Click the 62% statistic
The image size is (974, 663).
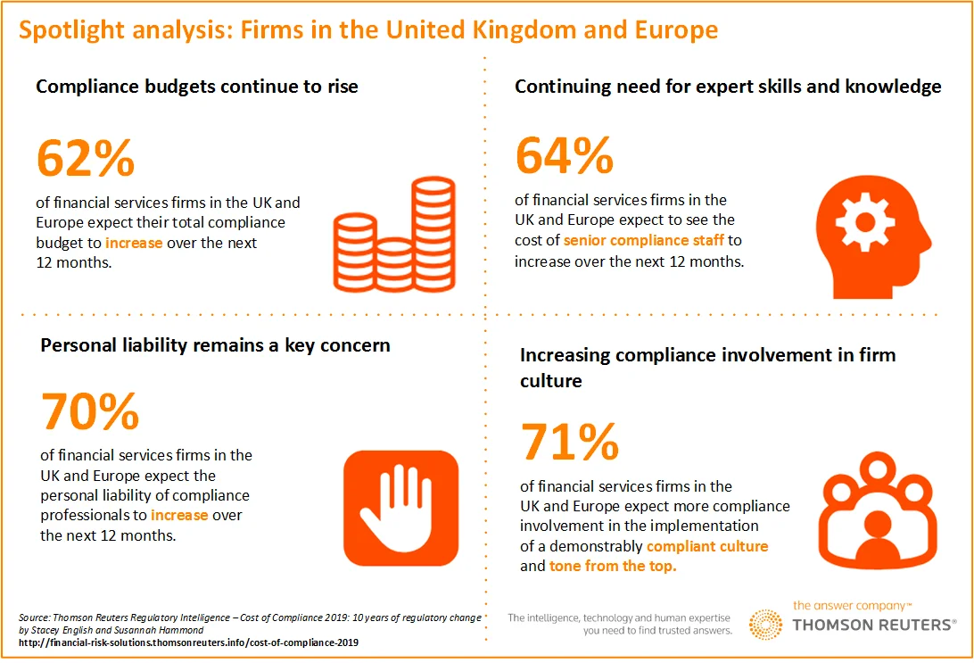coord(86,158)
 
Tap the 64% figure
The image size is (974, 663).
coord(565,155)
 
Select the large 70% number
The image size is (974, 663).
coord(90,411)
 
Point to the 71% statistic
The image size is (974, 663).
coord(568,442)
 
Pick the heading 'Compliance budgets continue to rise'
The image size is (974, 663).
coord(197,87)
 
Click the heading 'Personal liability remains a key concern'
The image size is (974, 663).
coord(215,345)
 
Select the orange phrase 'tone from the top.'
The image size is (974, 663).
coord(613,566)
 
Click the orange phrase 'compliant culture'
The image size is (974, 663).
coord(707,546)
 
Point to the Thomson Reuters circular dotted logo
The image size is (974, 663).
coord(765,625)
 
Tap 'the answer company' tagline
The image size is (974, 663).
coord(852,605)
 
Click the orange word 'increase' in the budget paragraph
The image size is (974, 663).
coord(134,243)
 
